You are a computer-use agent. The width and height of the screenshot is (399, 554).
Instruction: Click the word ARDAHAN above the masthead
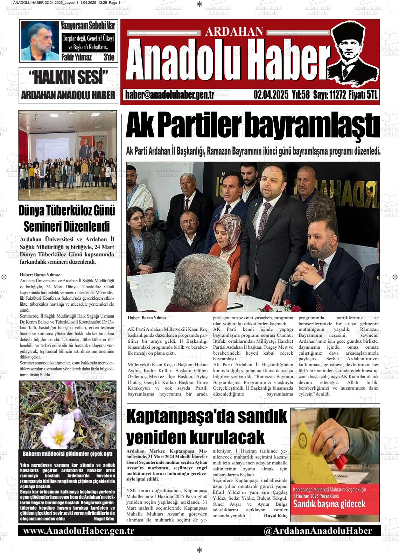point(234,32)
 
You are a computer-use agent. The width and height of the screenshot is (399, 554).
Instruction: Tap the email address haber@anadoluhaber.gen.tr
point(169,95)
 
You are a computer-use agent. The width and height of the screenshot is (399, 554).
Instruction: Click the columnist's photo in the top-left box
point(40,41)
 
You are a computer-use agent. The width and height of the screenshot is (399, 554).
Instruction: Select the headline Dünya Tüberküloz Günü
point(67,211)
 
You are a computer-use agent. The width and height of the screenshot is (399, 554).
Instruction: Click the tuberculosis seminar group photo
point(68,155)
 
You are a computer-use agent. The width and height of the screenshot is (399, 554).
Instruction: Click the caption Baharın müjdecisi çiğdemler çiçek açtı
point(68,454)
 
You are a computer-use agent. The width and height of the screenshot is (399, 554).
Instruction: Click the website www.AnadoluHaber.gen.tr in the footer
point(79,531)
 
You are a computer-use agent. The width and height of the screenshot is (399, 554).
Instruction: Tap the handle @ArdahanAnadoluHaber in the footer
point(317,531)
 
